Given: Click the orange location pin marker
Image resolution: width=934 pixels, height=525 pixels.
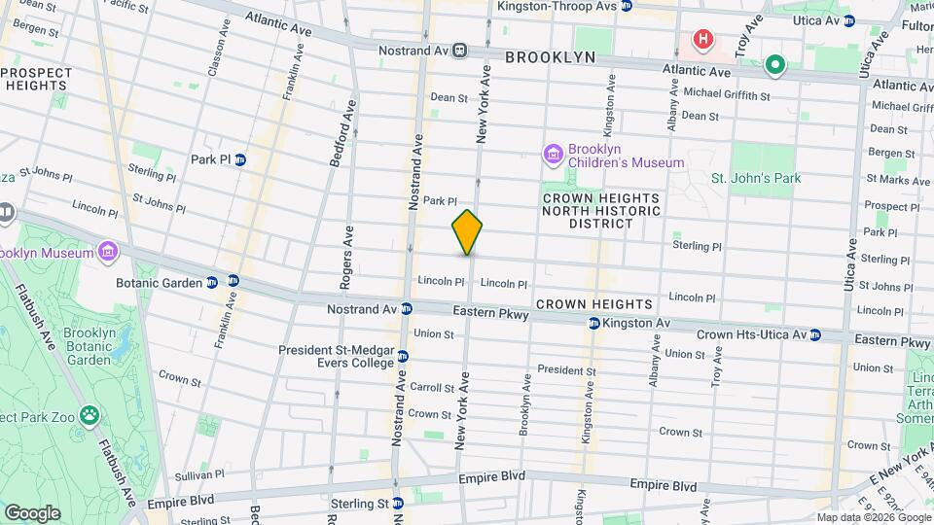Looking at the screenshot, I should [467, 232].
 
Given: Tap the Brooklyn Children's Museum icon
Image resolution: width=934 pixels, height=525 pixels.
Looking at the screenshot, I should [554, 154].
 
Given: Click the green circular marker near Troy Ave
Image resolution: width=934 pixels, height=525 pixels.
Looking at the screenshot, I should [774, 66].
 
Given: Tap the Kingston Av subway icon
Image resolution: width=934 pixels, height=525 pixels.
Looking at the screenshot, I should [593, 323].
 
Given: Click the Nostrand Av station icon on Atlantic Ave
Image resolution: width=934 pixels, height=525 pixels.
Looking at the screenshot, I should [459, 50].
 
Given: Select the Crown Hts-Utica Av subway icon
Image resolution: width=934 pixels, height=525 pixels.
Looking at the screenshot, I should [815, 334].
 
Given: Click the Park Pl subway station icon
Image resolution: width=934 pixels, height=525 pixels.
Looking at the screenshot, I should [239, 159].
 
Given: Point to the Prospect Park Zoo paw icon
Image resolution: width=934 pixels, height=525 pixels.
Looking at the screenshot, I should [90, 416].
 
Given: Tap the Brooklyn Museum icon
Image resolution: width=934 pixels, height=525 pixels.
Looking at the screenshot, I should [107, 253].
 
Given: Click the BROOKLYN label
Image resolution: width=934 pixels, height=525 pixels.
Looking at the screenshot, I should [550, 58].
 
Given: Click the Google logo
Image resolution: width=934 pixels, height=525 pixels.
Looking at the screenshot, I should [32, 512].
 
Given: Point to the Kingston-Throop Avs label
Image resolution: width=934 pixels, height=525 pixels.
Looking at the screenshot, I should [557, 6].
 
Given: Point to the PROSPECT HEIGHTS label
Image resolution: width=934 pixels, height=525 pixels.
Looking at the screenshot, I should [35, 80].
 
